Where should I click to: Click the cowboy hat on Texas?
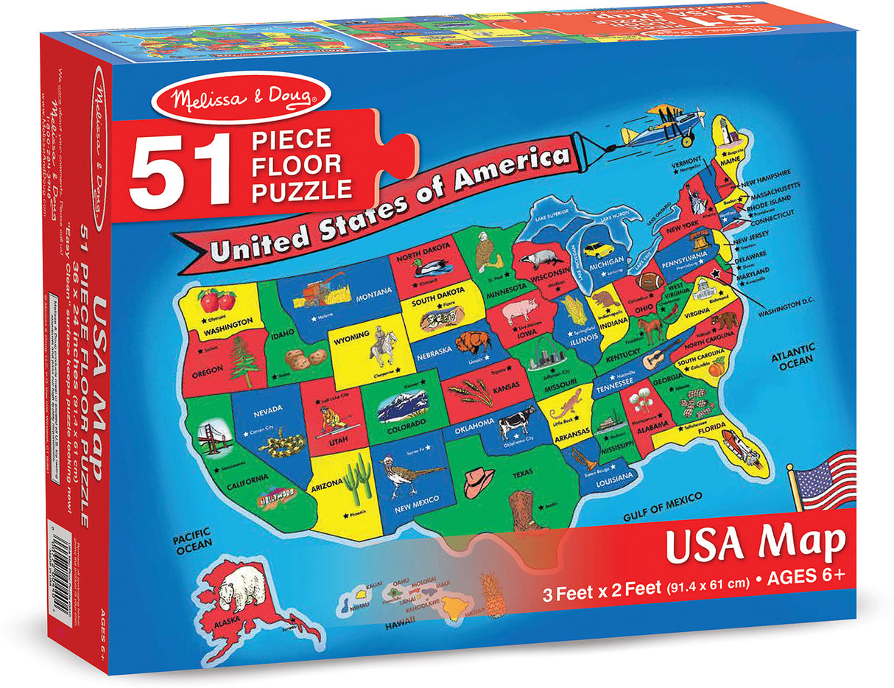point(479,481)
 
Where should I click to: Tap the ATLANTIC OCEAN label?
point(792,354)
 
